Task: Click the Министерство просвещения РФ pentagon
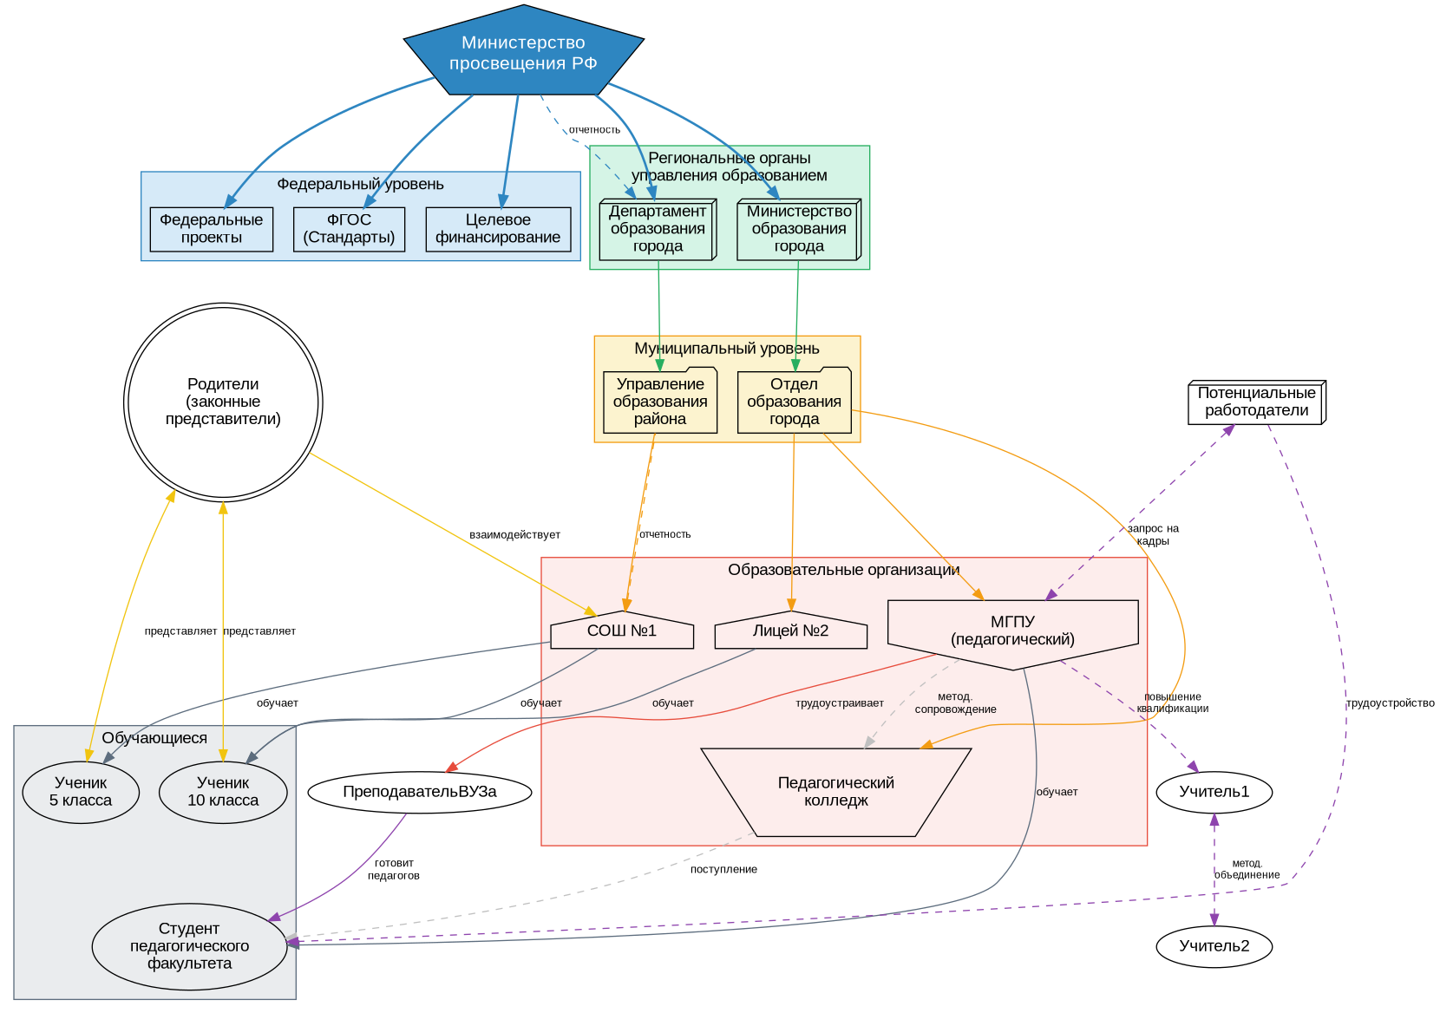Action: click(x=523, y=53)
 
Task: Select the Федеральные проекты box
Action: click(x=211, y=229)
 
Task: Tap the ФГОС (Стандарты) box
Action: click(x=349, y=229)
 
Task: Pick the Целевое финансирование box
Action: click(x=498, y=229)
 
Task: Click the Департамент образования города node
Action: click(x=658, y=229)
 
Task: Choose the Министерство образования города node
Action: click(x=799, y=229)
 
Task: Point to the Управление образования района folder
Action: click(x=660, y=402)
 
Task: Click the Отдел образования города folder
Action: click(x=794, y=402)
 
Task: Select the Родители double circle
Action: click(x=223, y=402)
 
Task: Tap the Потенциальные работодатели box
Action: click(x=1256, y=402)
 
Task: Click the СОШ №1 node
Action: click(x=622, y=631)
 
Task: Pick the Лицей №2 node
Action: click(x=790, y=631)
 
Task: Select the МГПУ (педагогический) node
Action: click(x=1012, y=631)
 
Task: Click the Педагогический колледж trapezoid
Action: click(x=835, y=792)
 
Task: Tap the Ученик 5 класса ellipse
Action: click(x=81, y=792)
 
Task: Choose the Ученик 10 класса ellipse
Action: click(x=223, y=792)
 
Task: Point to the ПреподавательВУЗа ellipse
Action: click(x=420, y=792)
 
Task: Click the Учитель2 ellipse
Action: click(x=1214, y=946)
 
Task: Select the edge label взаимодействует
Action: click(x=514, y=535)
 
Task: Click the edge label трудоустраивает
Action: click(x=839, y=703)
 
